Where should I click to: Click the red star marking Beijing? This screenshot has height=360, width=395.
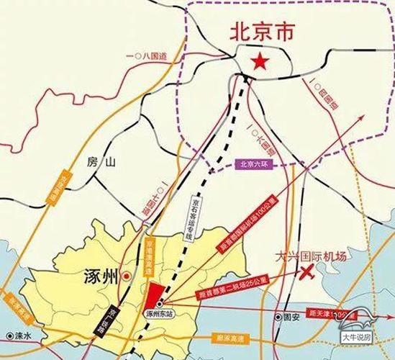(x=257, y=63)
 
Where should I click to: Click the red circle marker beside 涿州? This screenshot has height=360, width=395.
(x=126, y=275)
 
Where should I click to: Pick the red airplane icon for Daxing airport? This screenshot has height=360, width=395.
(x=308, y=273)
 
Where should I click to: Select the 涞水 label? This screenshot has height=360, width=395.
(x=24, y=336)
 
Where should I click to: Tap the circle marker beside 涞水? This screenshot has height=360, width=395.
(x=9, y=336)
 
